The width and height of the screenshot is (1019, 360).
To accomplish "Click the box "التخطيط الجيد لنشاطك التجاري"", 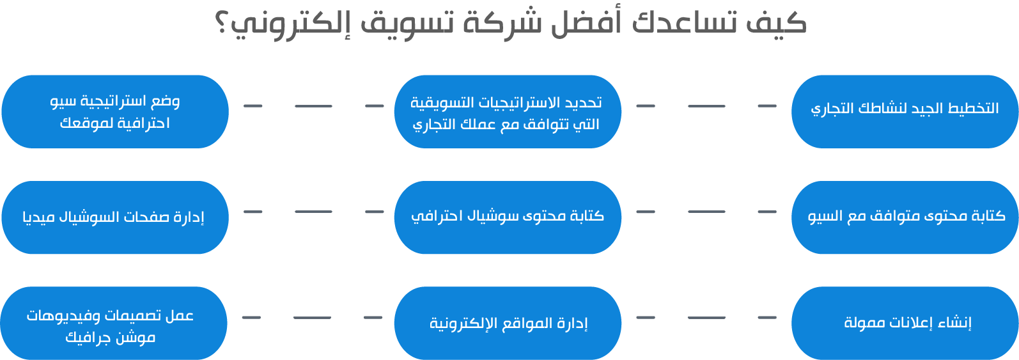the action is [x=905, y=111].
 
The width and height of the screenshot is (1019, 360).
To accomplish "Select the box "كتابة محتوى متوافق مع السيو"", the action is [x=905, y=217].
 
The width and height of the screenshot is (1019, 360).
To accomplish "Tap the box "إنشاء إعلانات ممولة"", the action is [x=905, y=323].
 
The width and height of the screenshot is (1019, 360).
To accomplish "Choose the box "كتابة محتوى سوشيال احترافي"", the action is [x=508, y=217].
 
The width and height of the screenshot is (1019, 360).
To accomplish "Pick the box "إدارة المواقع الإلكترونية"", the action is [x=508, y=323].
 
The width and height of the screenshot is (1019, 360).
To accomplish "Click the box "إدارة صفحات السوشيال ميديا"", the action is [x=115, y=217].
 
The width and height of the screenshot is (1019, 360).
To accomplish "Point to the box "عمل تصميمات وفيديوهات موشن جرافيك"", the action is [x=114, y=323].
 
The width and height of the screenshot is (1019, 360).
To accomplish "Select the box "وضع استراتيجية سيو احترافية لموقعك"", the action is [x=115, y=111].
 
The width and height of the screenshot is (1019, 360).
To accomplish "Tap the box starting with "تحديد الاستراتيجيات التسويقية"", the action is [x=508, y=111].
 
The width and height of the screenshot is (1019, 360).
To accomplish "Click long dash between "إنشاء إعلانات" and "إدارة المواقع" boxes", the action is [x=706, y=318].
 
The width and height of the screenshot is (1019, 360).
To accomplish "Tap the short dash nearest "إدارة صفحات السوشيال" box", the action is [x=253, y=212].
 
